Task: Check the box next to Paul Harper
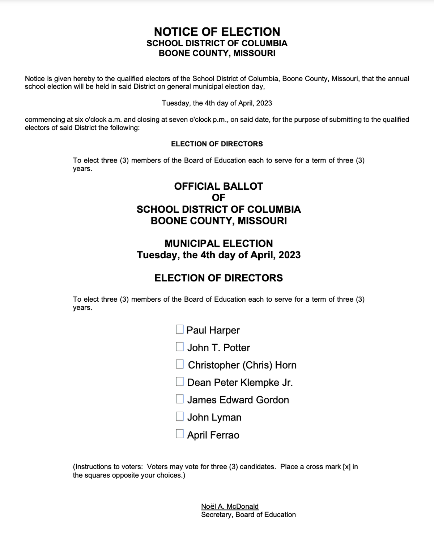(180, 329)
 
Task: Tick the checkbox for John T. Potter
(180, 347)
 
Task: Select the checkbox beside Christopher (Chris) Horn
(180, 364)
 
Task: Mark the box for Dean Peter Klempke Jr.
(180, 382)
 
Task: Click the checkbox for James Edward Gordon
(180, 399)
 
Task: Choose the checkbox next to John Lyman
(180, 417)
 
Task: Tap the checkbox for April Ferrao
(180, 434)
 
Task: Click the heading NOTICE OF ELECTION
(217, 32)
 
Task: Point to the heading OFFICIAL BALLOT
(218, 186)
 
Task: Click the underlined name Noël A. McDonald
(230, 507)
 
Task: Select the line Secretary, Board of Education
(248, 515)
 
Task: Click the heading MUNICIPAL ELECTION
(218, 244)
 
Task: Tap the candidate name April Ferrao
(213, 435)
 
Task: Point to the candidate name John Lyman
(214, 418)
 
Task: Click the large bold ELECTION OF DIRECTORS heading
(218, 278)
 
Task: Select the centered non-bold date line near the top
(217, 103)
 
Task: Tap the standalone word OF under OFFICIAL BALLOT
(218, 198)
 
